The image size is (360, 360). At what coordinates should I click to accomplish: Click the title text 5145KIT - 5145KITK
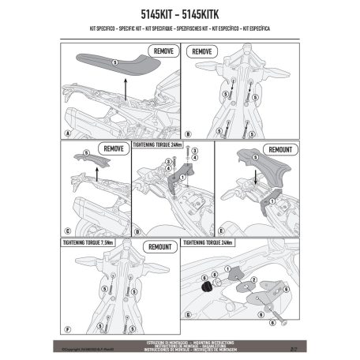pyautogui.click(x=179, y=16)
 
